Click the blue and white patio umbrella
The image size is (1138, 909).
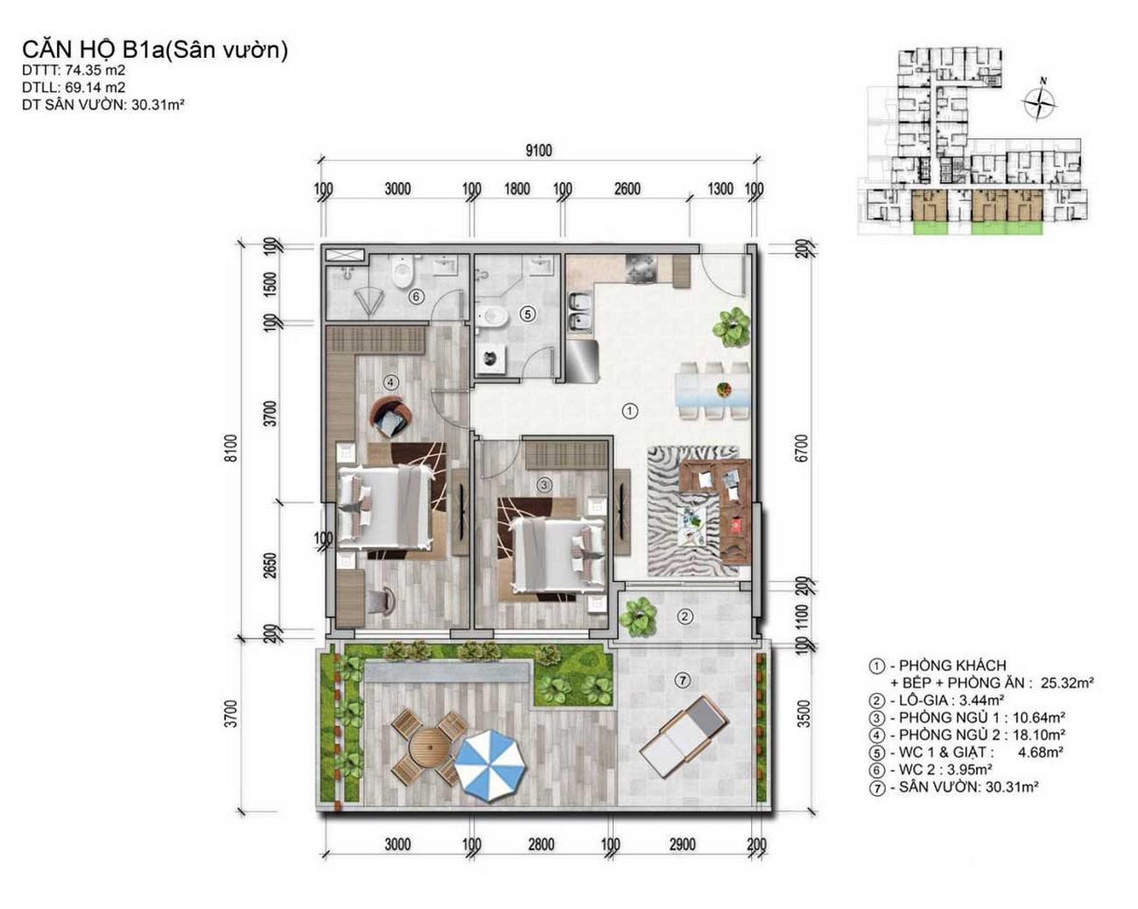click(491, 763)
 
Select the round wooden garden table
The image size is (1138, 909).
click(429, 748)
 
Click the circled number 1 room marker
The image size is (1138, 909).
click(629, 410)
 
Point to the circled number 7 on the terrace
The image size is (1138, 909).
click(683, 680)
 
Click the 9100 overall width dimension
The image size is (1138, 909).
click(538, 150)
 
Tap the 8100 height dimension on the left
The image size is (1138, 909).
click(233, 448)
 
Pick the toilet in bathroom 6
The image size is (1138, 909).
click(403, 271)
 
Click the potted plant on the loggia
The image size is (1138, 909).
click(638, 616)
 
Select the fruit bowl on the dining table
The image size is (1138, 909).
click(722, 390)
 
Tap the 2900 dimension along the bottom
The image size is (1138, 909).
click(682, 844)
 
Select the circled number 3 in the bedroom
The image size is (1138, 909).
click(544, 485)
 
